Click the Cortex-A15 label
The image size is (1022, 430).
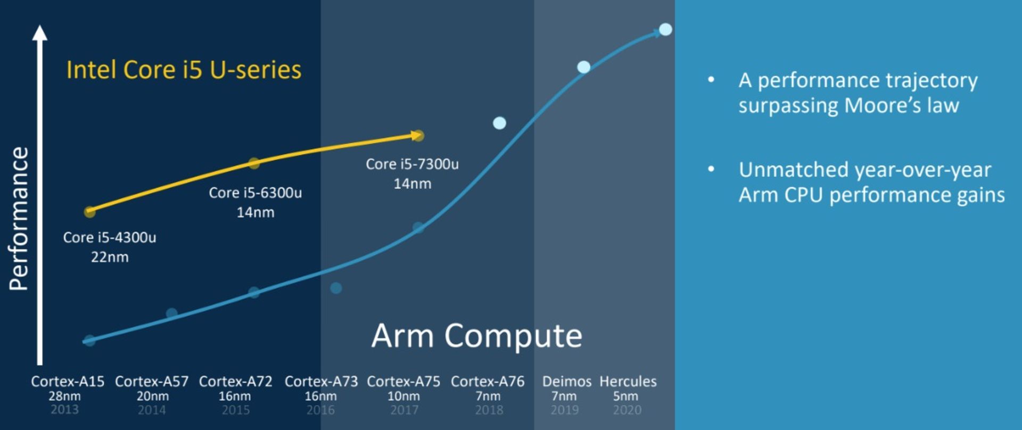pyautogui.click(x=68, y=382)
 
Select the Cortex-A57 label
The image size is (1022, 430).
pyautogui.click(x=152, y=382)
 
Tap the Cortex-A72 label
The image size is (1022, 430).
pyautogui.click(x=235, y=382)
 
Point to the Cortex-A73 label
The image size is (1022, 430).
pyautogui.click(x=321, y=382)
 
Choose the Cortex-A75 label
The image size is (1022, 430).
pyautogui.click(x=403, y=382)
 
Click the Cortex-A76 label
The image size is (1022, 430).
pyautogui.click(x=488, y=382)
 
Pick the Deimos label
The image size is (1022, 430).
pyautogui.click(x=566, y=382)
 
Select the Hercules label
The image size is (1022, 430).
pyautogui.click(x=628, y=382)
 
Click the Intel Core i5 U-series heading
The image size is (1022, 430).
pyautogui.click(x=184, y=70)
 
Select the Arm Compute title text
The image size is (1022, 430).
pyautogui.click(x=476, y=336)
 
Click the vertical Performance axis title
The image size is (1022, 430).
pyautogui.click(x=19, y=218)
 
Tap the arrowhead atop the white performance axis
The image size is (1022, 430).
pyautogui.click(x=39, y=33)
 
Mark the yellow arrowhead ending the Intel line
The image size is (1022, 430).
pyautogui.click(x=417, y=136)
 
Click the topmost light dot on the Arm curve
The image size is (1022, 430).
pyautogui.click(x=665, y=29)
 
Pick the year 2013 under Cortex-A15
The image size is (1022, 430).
pyautogui.click(x=64, y=410)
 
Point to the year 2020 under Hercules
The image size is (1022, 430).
pyautogui.click(x=627, y=410)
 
